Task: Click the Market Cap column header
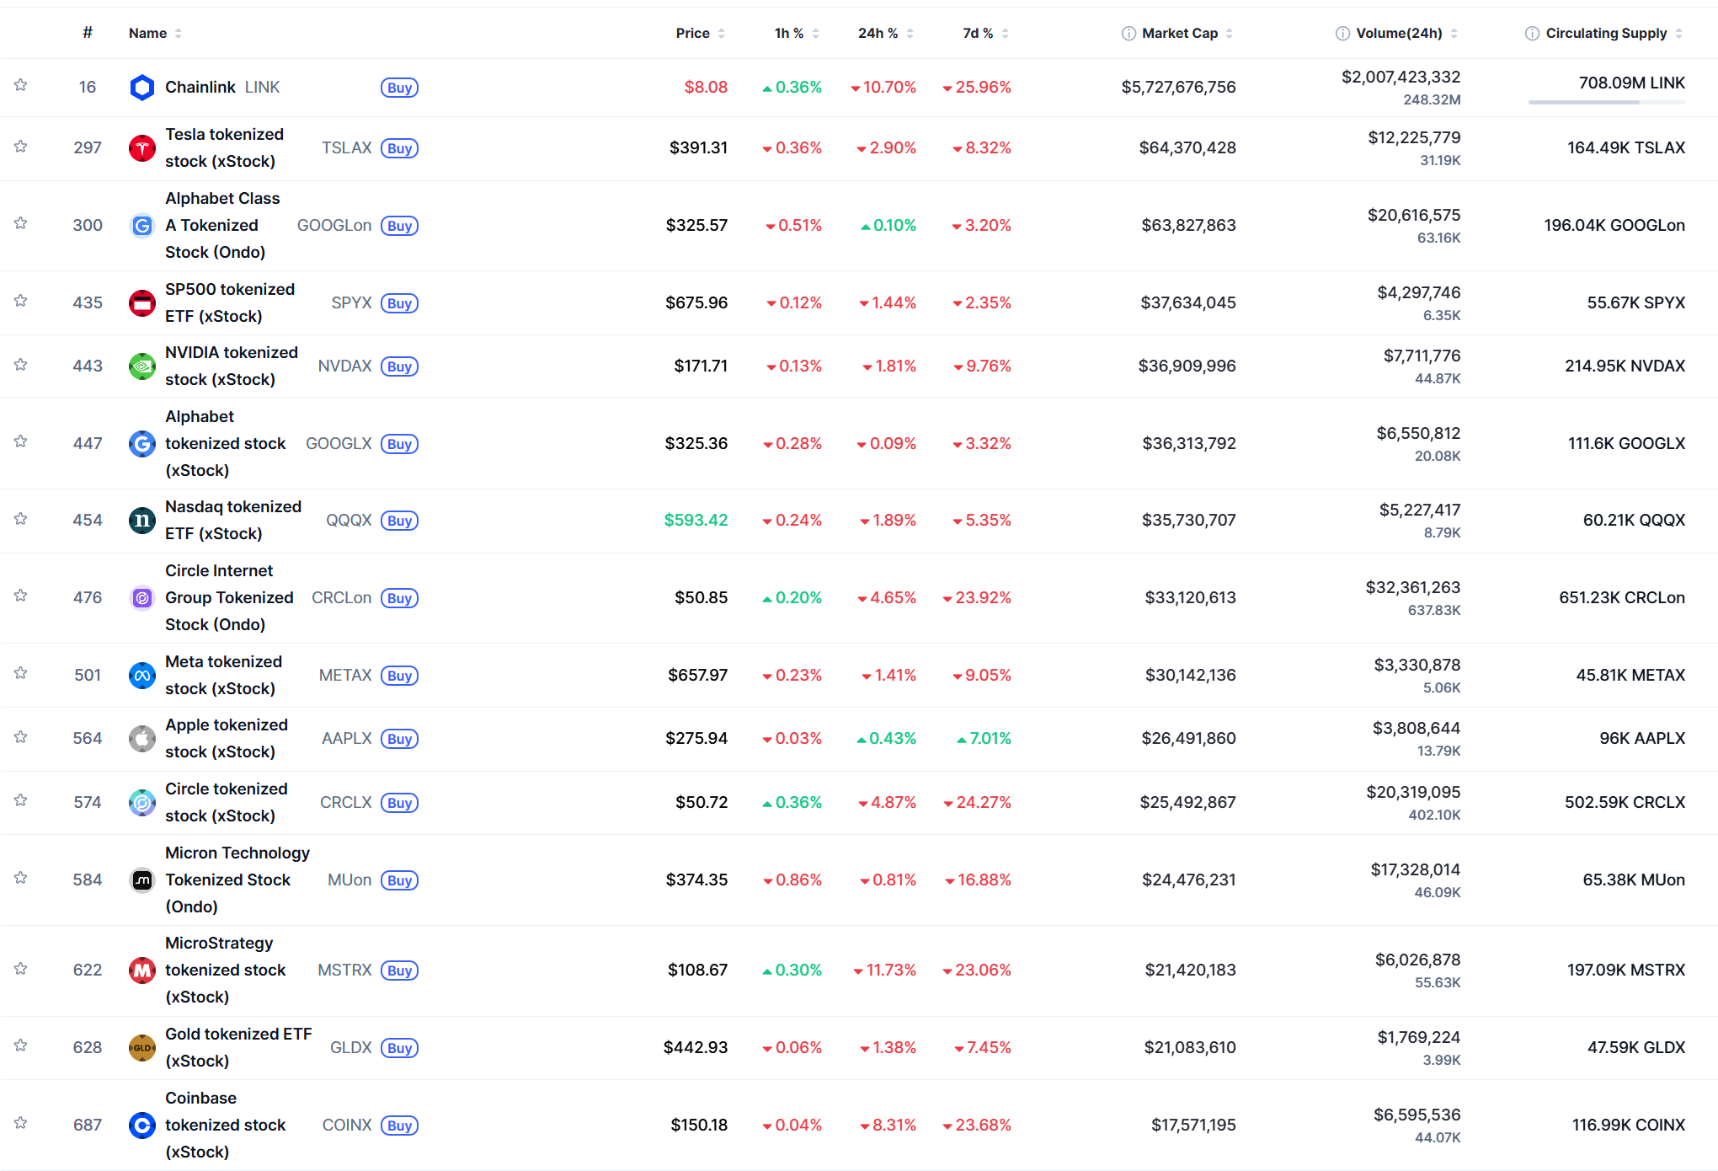(x=1179, y=33)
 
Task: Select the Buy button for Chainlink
(x=399, y=88)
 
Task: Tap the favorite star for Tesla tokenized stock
(x=21, y=147)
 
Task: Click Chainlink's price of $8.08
(x=706, y=87)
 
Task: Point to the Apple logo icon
(x=142, y=739)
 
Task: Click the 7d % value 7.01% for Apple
(x=990, y=739)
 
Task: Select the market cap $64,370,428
(x=1187, y=147)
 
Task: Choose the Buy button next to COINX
(x=399, y=1126)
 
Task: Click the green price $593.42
(x=696, y=520)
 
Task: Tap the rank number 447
(x=88, y=443)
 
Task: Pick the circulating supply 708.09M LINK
(x=1631, y=83)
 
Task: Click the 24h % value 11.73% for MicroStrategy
(x=890, y=970)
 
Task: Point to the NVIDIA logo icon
(x=142, y=366)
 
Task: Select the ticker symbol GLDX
(x=350, y=1047)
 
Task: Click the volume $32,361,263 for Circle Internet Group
(x=1412, y=587)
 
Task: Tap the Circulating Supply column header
(x=1605, y=33)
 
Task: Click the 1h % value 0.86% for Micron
(x=798, y=880)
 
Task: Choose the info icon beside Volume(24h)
(x=1342, y=34)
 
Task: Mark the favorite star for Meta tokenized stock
(x=21, y=673)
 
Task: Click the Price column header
(x=692, y=33)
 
